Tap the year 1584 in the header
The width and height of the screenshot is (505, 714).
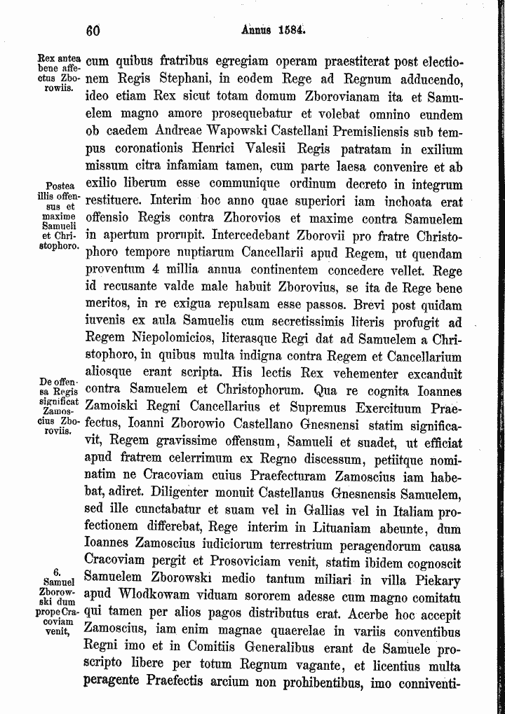(x=290, y=30)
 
